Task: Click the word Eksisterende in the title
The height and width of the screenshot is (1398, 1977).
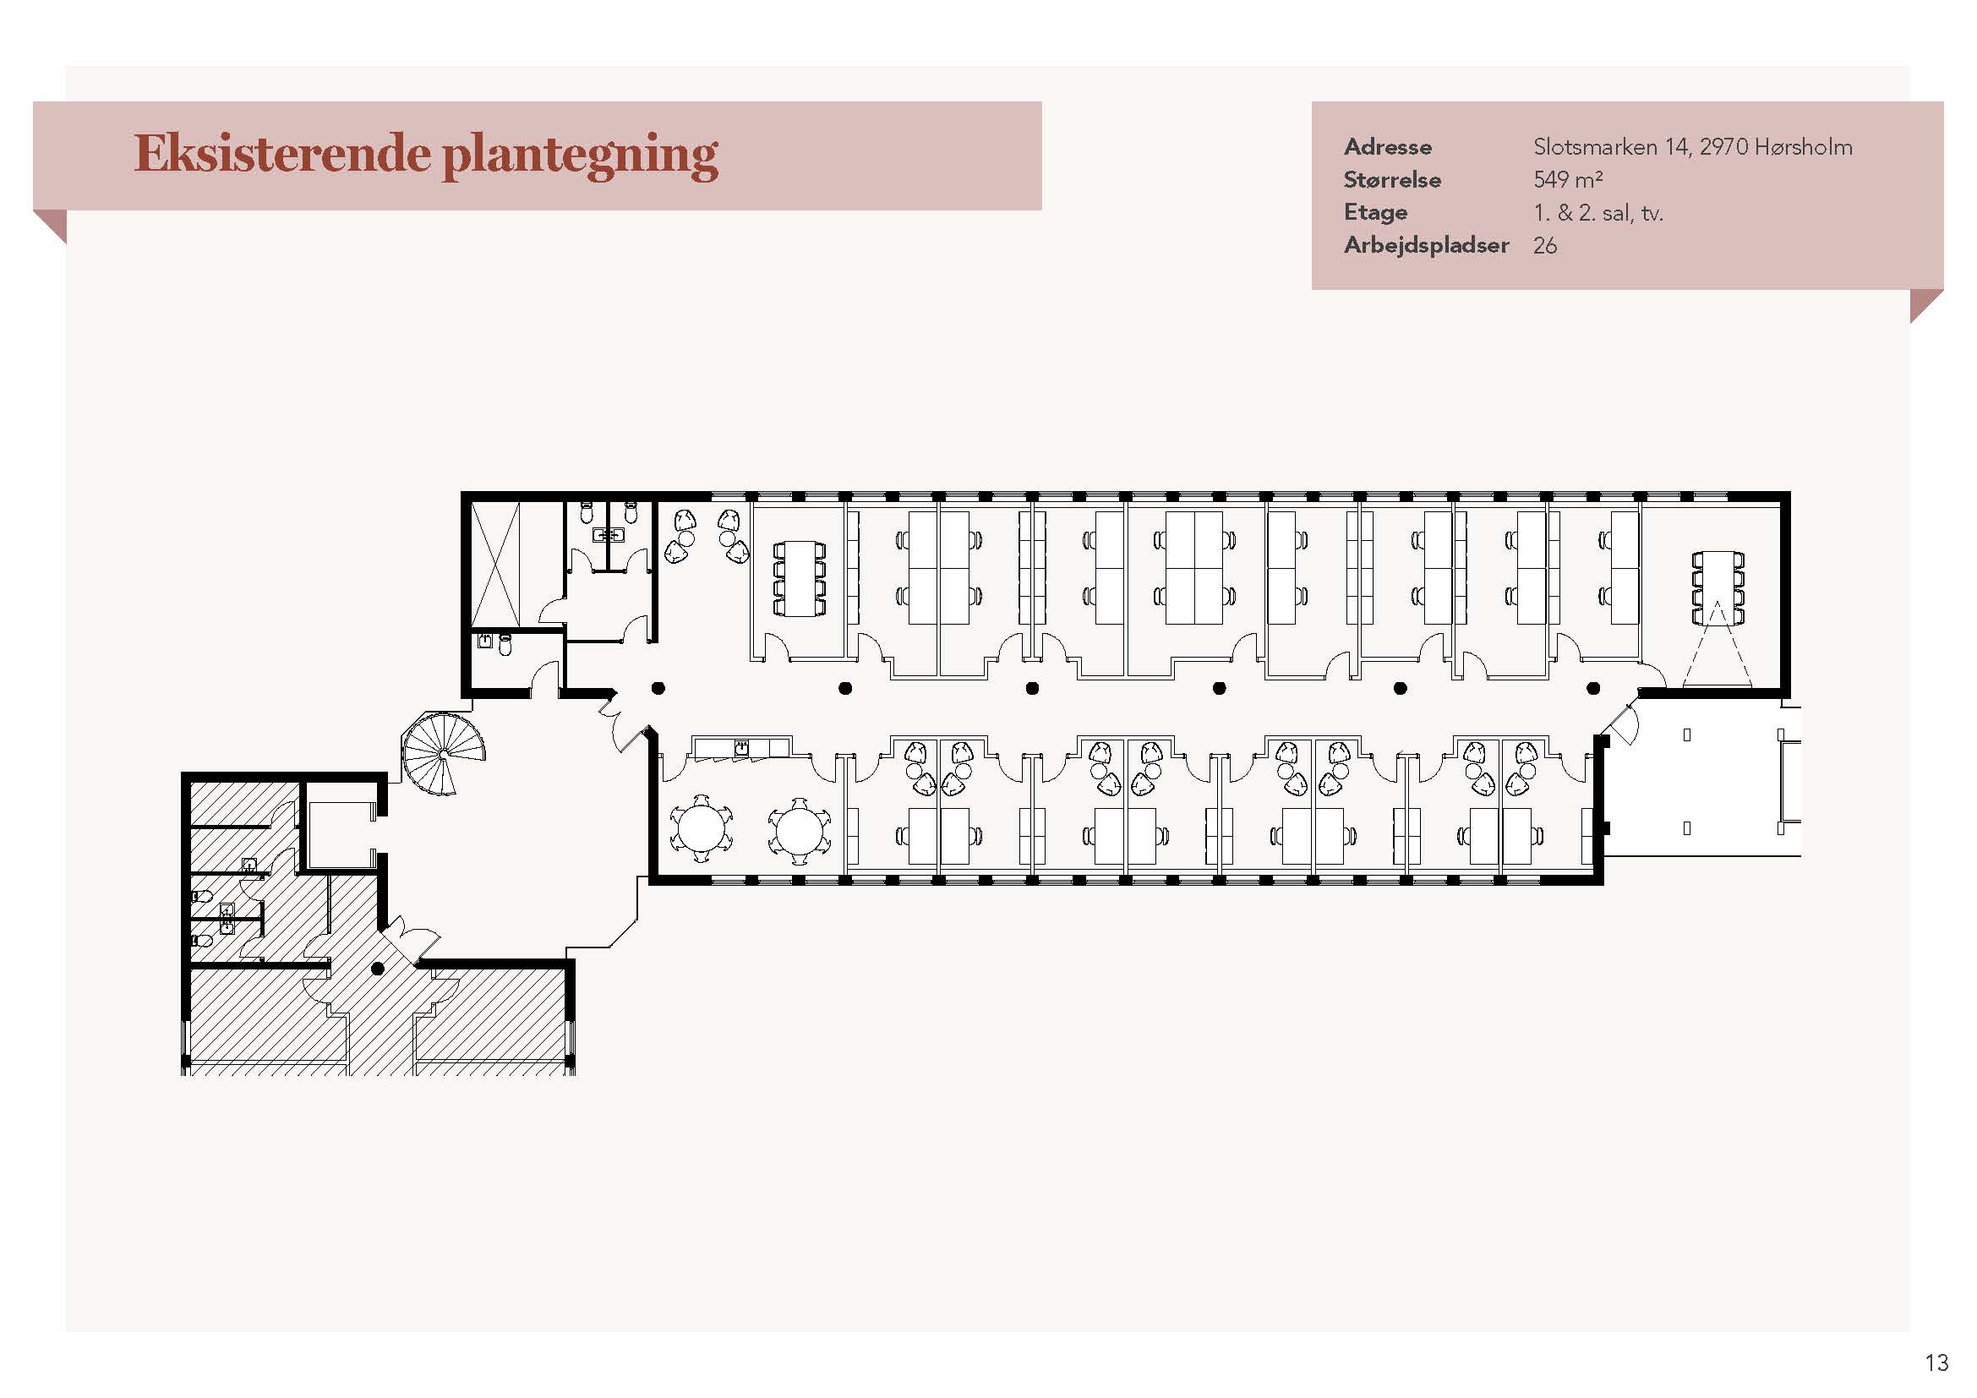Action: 281,154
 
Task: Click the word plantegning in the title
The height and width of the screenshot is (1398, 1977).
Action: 580,157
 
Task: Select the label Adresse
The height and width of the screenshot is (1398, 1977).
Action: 1387,147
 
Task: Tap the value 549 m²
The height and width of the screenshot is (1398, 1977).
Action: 1567,180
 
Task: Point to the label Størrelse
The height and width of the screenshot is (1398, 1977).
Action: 1391,180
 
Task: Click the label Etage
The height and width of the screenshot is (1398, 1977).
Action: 1375,213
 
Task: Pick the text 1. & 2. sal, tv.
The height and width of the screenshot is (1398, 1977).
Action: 1597,213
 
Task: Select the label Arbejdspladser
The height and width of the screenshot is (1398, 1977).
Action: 1426,245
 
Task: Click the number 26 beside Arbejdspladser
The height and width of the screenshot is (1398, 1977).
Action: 1545,245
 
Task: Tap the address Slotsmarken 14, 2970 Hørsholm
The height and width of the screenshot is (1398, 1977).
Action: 1692,147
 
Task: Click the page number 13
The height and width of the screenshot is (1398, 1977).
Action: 1936,1363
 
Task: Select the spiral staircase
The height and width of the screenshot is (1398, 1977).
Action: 443,754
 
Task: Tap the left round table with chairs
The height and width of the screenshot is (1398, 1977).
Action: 702,829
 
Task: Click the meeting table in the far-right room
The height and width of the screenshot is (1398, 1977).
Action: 1718,588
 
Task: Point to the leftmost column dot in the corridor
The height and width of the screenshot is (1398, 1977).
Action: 658,688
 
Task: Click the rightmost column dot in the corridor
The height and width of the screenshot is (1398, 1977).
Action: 1593,688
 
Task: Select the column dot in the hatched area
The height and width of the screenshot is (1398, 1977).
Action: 377,969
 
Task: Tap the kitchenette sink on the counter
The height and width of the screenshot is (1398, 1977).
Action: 741,747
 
